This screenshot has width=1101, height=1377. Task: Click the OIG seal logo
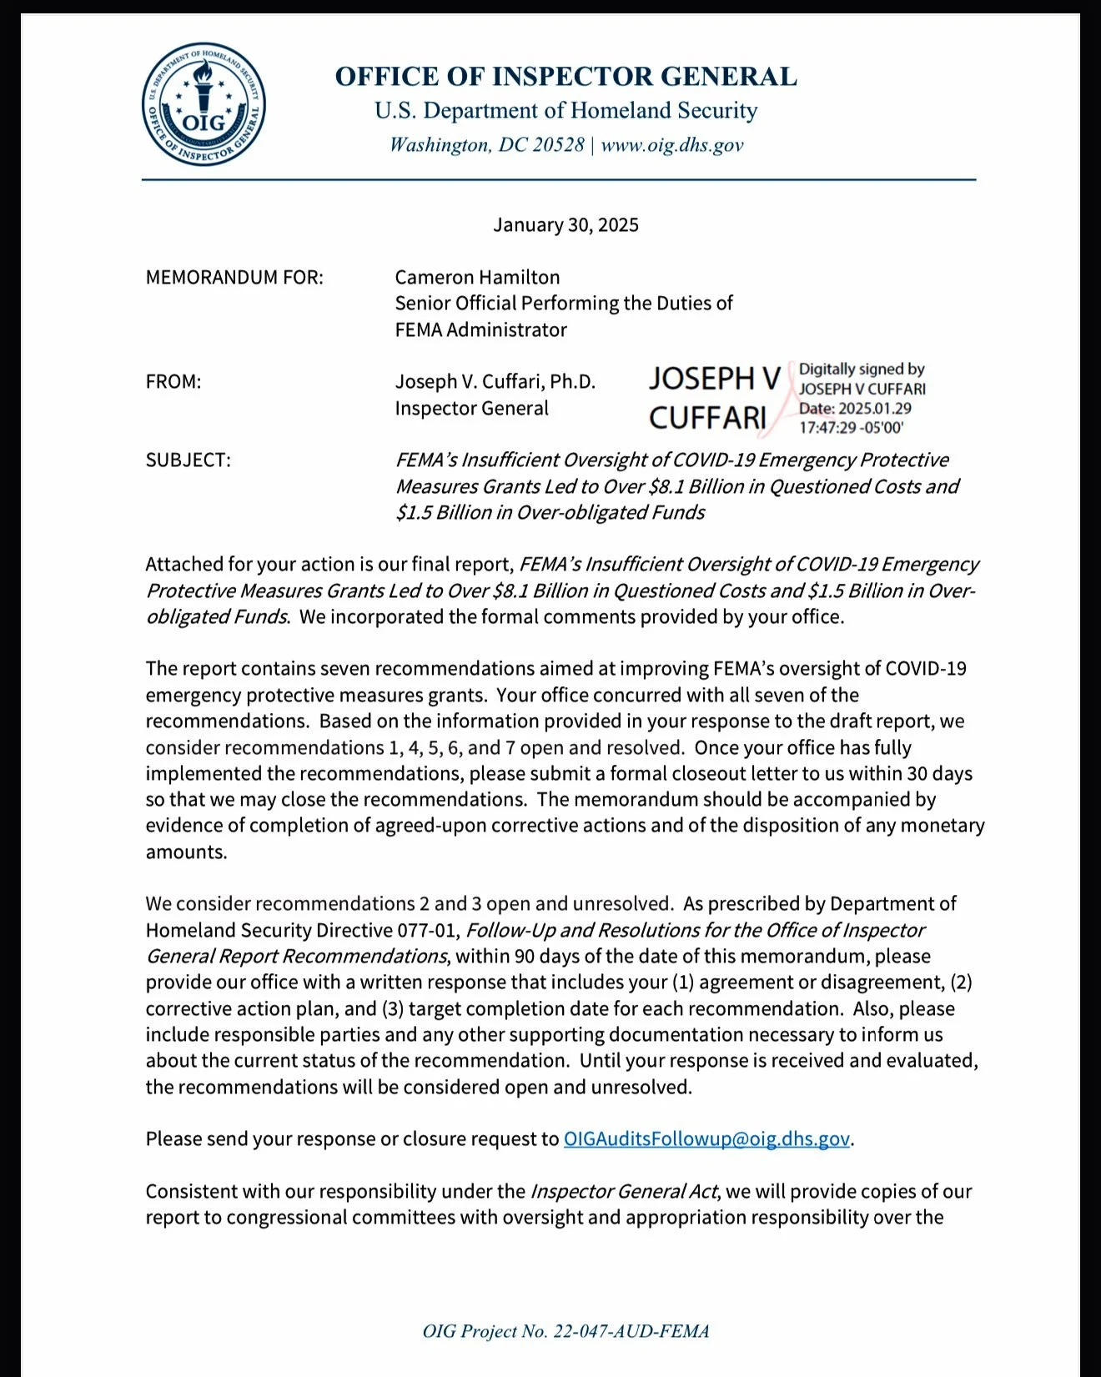pyautogui.click(x=204, y=104)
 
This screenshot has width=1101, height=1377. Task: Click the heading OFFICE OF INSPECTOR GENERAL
pyautogui.click(x=566, y=77)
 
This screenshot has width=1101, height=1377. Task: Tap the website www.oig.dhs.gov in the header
pyautogui.click(x=671, y=145)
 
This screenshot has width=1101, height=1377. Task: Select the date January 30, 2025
pyautogui.click(x=566, y=225)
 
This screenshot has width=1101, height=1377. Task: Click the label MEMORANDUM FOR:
pyautogui.click(x=234, y=278)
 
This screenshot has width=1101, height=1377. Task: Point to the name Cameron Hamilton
pyautogui.click(x=477, y=278)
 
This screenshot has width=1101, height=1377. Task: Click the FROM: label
pyautogui.click(x=173, y=382)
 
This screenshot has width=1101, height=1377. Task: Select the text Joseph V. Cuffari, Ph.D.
pyautogui.click(x=495, y=382)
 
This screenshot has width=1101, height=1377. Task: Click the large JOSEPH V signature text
pyautogui.click(x=714, y=379)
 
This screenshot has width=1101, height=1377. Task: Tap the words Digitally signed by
pyautogui.click(x=861, y=369)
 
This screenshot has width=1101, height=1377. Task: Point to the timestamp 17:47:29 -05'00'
pyautogui.click(x=851, y=428)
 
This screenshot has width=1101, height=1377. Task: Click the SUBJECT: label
pyautogui.click(x=188, y=460)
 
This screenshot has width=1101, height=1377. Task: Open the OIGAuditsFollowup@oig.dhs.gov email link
pyautogui.click(x=706, y=1139)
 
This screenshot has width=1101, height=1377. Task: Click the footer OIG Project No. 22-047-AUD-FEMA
pyautogui.click(x=566, y=1331)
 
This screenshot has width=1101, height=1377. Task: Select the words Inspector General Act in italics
pyautogui.click(x=623, y=1192)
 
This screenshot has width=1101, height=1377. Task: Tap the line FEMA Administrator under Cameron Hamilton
pyautogui.click(x=480, y=330)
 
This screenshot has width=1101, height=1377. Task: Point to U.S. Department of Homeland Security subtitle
pyautogui.click(x=566, y=111)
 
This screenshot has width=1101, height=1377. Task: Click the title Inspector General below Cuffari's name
pyautogui.click(x=471, y=409)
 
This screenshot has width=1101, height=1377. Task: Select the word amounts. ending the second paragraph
pyautogui.click(x=186, y=852)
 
